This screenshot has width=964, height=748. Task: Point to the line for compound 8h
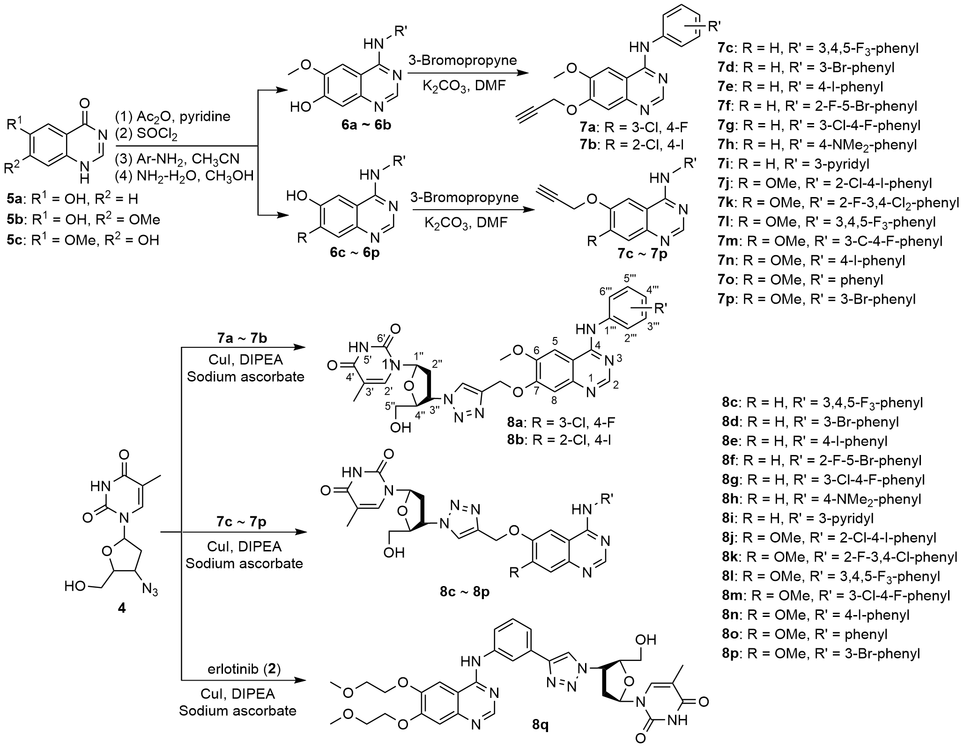822,499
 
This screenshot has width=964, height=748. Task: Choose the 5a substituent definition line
74,198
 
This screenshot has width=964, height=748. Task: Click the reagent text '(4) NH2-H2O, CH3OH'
184,176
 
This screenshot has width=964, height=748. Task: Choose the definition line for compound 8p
821,653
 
